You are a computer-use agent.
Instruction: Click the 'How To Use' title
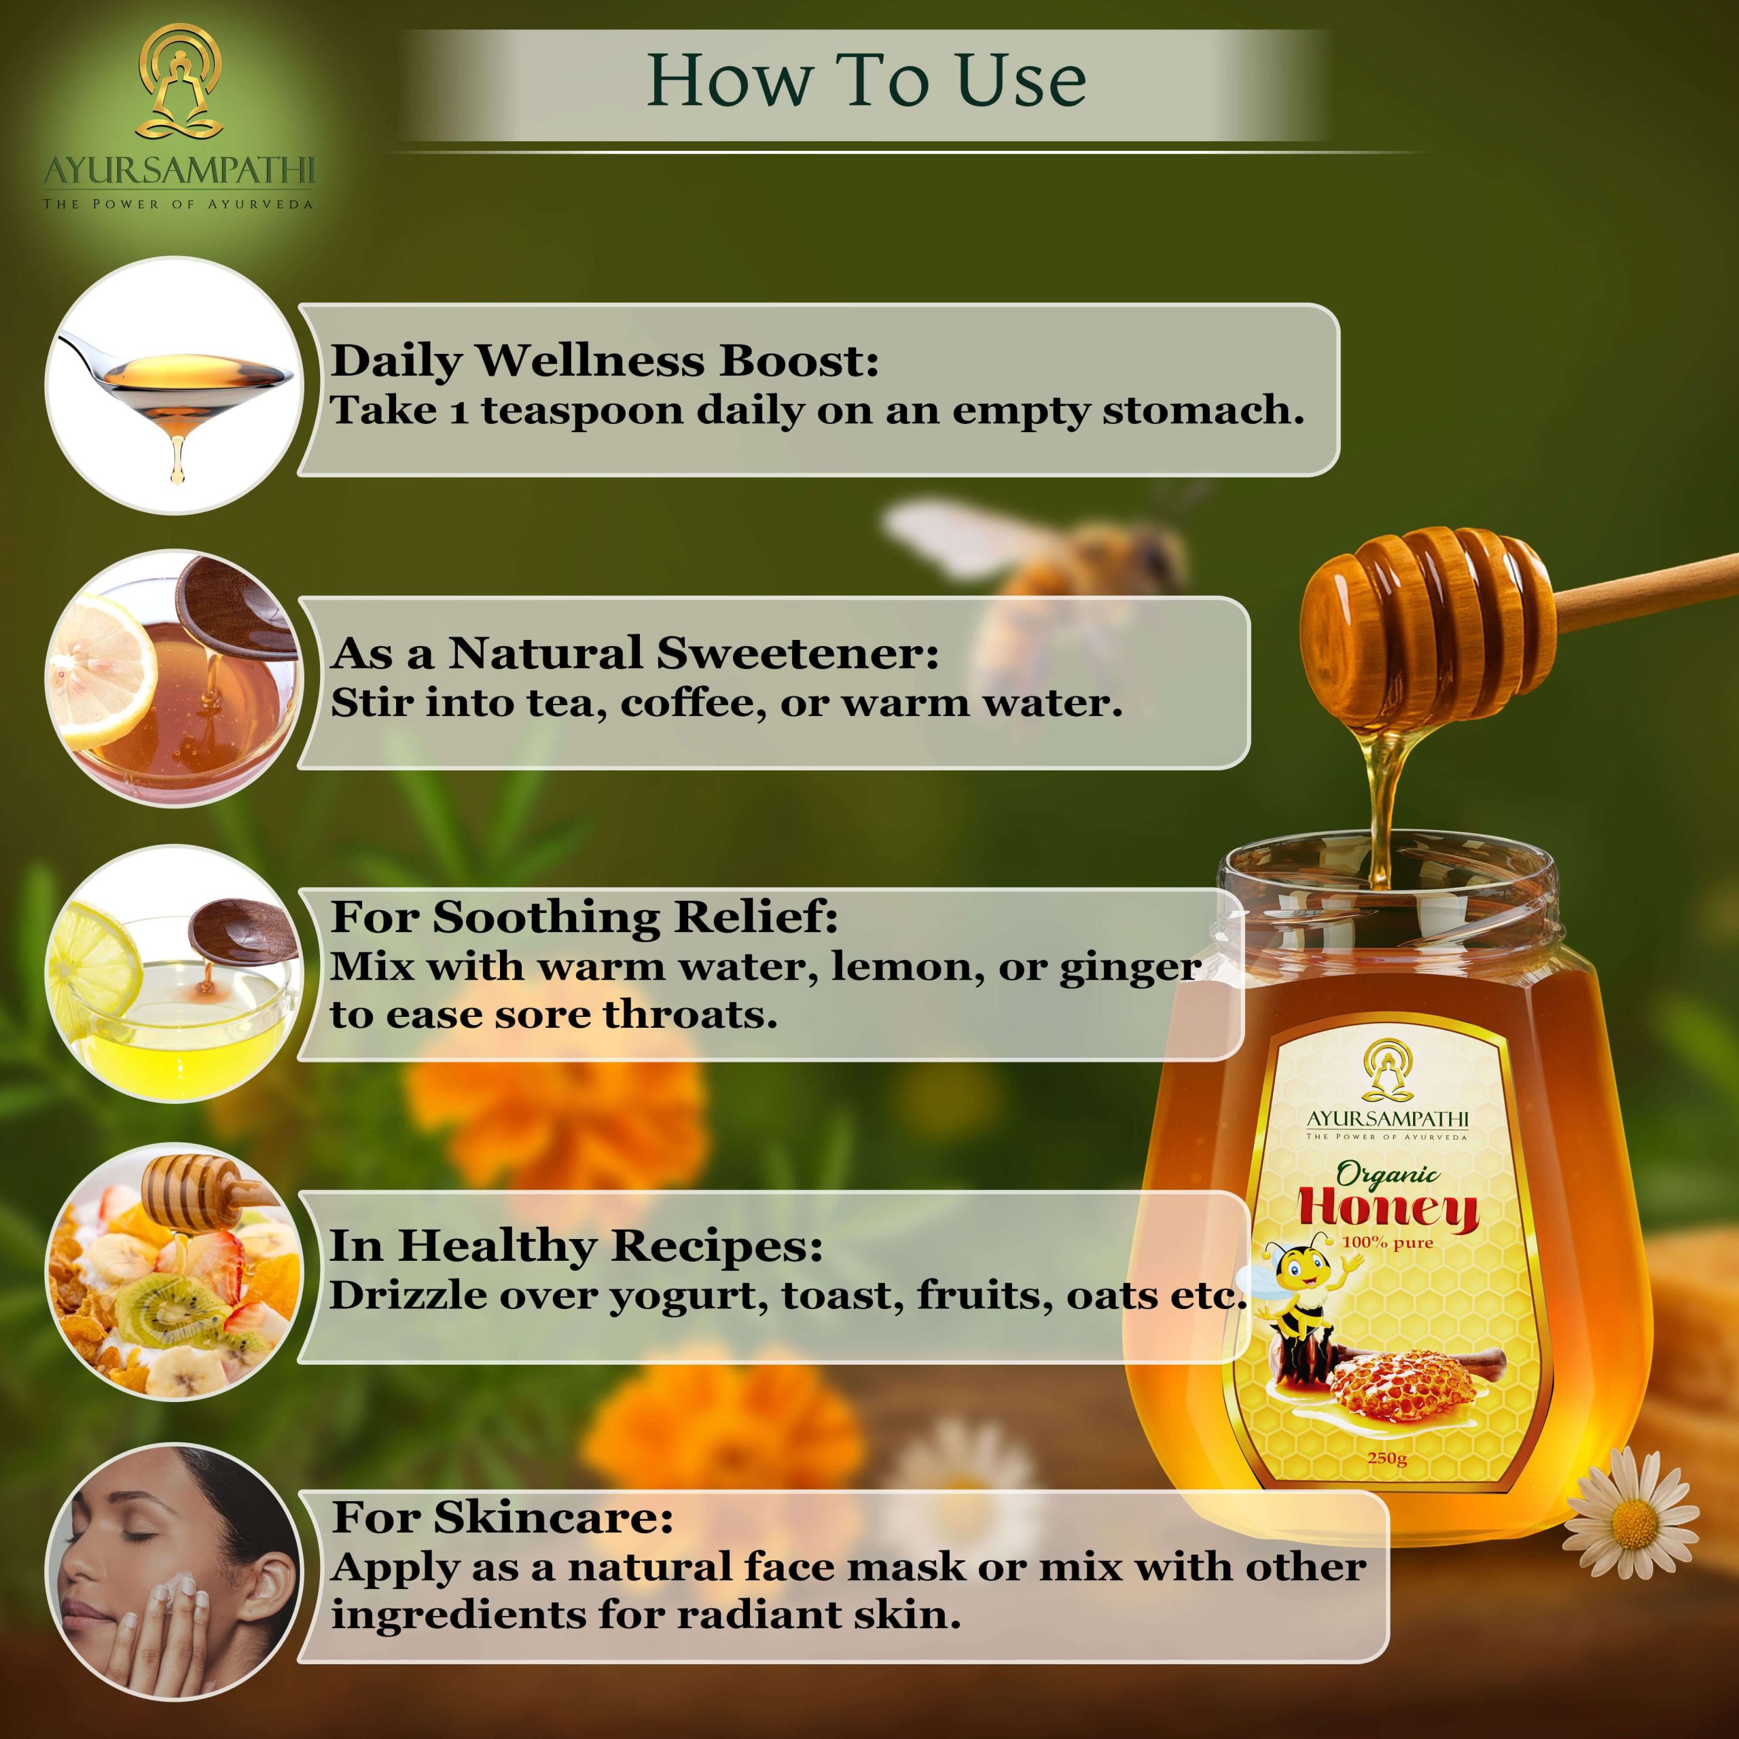pyautogui.click(x=867, y=81)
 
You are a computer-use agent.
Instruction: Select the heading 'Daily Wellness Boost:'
pyautogui.click(x=605, y=361)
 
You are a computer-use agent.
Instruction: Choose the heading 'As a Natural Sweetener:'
pyautogui.click(x=634, y=653)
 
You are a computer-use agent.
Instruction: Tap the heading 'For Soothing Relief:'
pyautogui.click(x=584, y=917)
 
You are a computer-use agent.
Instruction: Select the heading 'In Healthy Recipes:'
pyautogui.click(x=576, y=1247)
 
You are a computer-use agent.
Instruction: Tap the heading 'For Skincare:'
pyautogui.click(x=502, y=1517)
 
